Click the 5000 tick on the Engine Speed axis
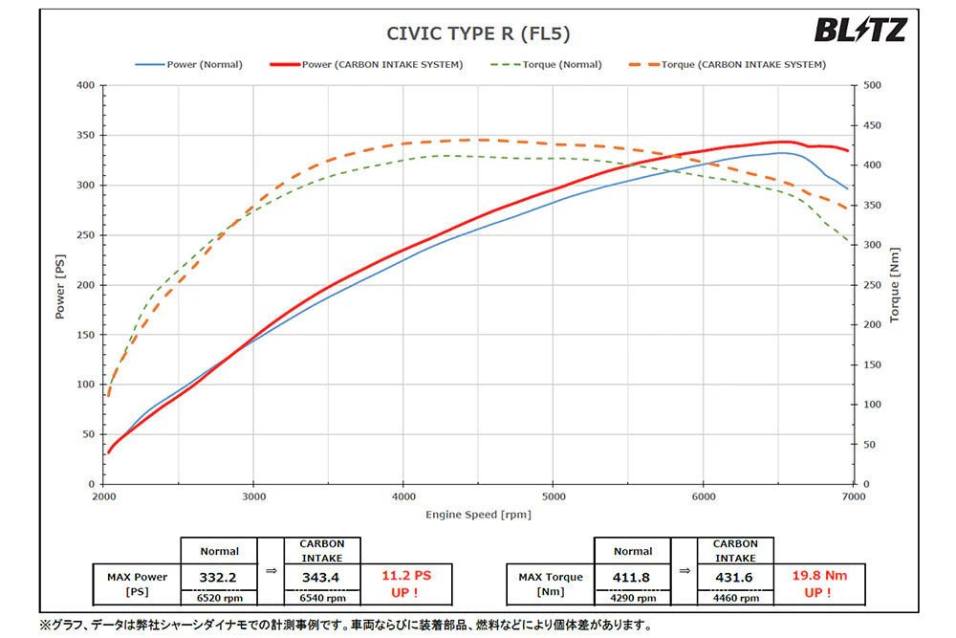coord(554,497)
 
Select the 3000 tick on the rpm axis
coord(253,497)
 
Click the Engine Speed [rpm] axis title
coord(478,515)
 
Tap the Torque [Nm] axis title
coord(895,285)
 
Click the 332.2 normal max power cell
coord(219,576)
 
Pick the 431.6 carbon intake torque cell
coord(735,576)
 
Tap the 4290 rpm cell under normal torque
coord(632,598)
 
